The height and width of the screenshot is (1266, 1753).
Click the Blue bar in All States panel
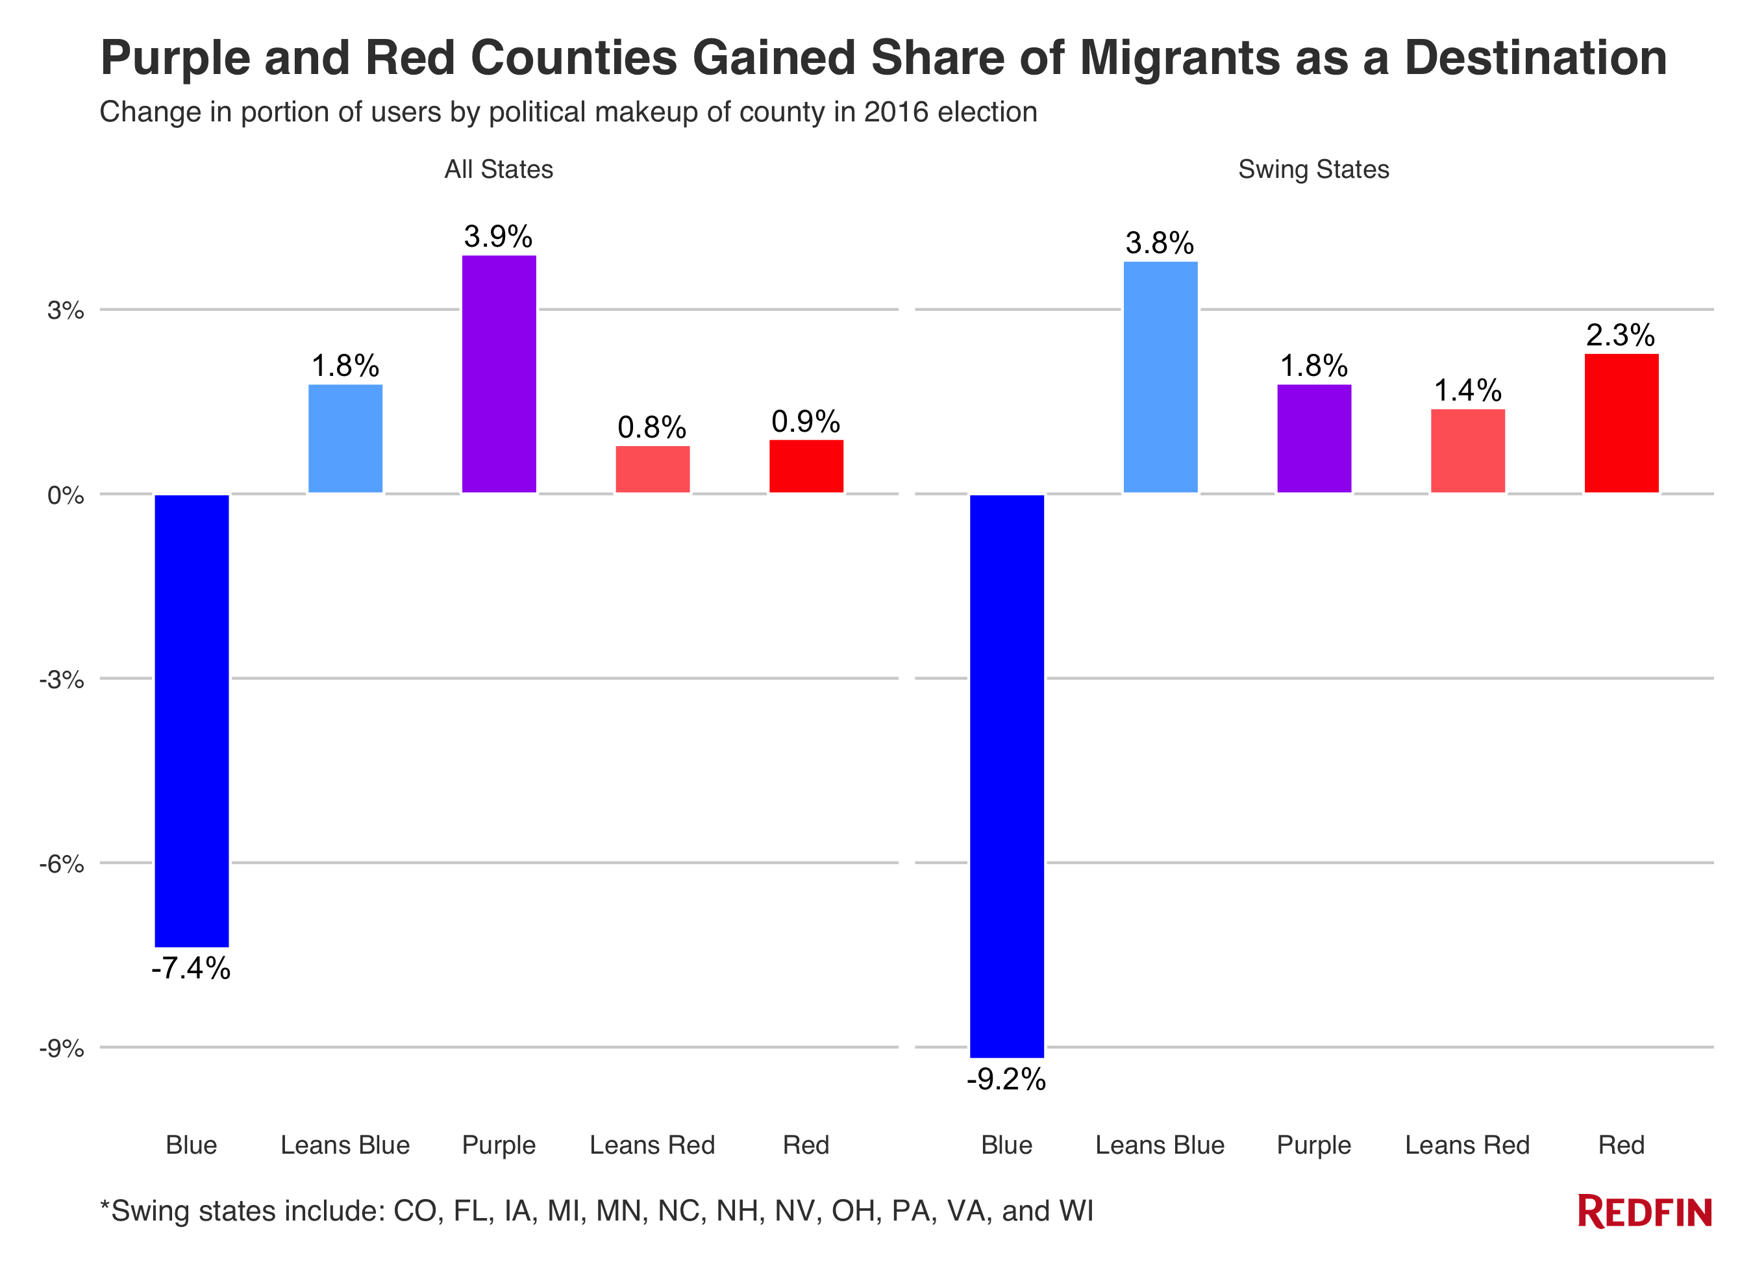pyautogui.click(x=192, y=719)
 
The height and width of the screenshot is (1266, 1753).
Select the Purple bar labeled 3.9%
pyautogui.click(x=499, y=374)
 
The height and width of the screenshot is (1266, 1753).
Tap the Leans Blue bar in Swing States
pyautogui.click(x=1160, y=377)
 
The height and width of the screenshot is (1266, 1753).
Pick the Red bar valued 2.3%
pyautogui.click(x=1621, y=423)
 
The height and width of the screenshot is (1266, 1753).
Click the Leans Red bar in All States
pyautogui.click(x=653, y=469)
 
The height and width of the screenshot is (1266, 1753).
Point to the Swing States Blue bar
pyautogui.click(x=1006, y=775)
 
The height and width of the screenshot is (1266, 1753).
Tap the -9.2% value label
pyautogui.click(x=1006, y=1079)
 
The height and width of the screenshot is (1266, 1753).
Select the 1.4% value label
pyautogui.click(x=1468, y=390)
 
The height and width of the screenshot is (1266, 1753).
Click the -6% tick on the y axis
pyautogui.click(x=62, y=864)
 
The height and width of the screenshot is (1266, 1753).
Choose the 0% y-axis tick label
pyautogui.click(x=66, y=495)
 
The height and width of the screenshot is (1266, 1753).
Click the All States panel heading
pyautogui.click(x=499, y=169)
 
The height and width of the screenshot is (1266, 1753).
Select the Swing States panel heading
pyautogui.click(x=1313, y=169)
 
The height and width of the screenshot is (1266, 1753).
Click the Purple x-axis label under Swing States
pyautogui.click(x=1313, y=1145)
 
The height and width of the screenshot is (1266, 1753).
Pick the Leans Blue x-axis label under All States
pyautogui.click(x=345, y=1145)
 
